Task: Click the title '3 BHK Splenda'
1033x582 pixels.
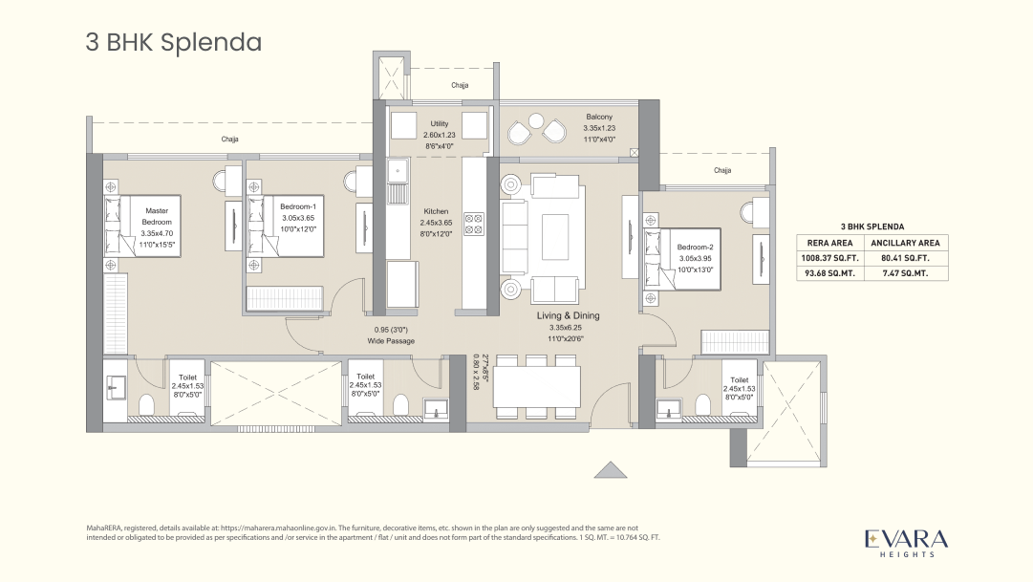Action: click(x=174, y=43)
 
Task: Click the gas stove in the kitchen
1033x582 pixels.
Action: click(x=474, y=225)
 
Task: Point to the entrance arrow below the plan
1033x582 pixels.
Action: click(x=609, y=469)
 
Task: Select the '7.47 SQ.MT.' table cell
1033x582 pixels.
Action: click(x=912, y=272)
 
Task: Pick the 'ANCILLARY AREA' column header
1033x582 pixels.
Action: click(x=912, y=243)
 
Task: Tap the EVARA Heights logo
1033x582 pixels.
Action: click(x=907, y=541)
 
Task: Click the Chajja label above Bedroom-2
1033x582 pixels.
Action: click(x=722, y=171)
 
